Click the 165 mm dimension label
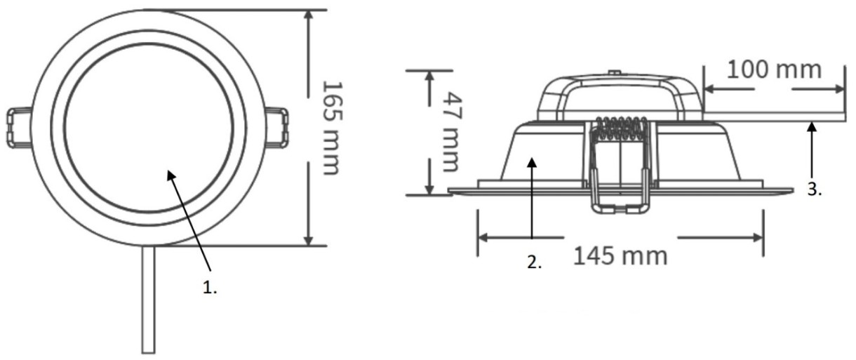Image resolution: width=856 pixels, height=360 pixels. pyautogui.click(x=331, y=128)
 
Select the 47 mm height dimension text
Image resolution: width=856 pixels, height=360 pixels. pyautogui.click(x=453, y=132)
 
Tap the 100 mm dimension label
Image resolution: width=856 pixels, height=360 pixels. pyautogui.click(x=774, y=70)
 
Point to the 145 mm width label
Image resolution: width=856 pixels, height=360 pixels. pyautogui.click(x=620, y=255)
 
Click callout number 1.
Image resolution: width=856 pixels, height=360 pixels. pyautogui.click(x=209, y=288)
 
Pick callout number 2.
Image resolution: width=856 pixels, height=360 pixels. pyautogui.click(x=534, y=262)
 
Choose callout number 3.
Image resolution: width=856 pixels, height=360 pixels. pyautogui.click(x=815, y=189)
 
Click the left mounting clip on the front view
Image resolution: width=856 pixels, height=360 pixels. pyautogui.click(x=18, y=127)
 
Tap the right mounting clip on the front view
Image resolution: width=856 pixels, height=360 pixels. pyautogui.click(x=276, y=127)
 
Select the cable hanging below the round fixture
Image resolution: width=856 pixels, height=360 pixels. pyautogui.click(x=148, y=300)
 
